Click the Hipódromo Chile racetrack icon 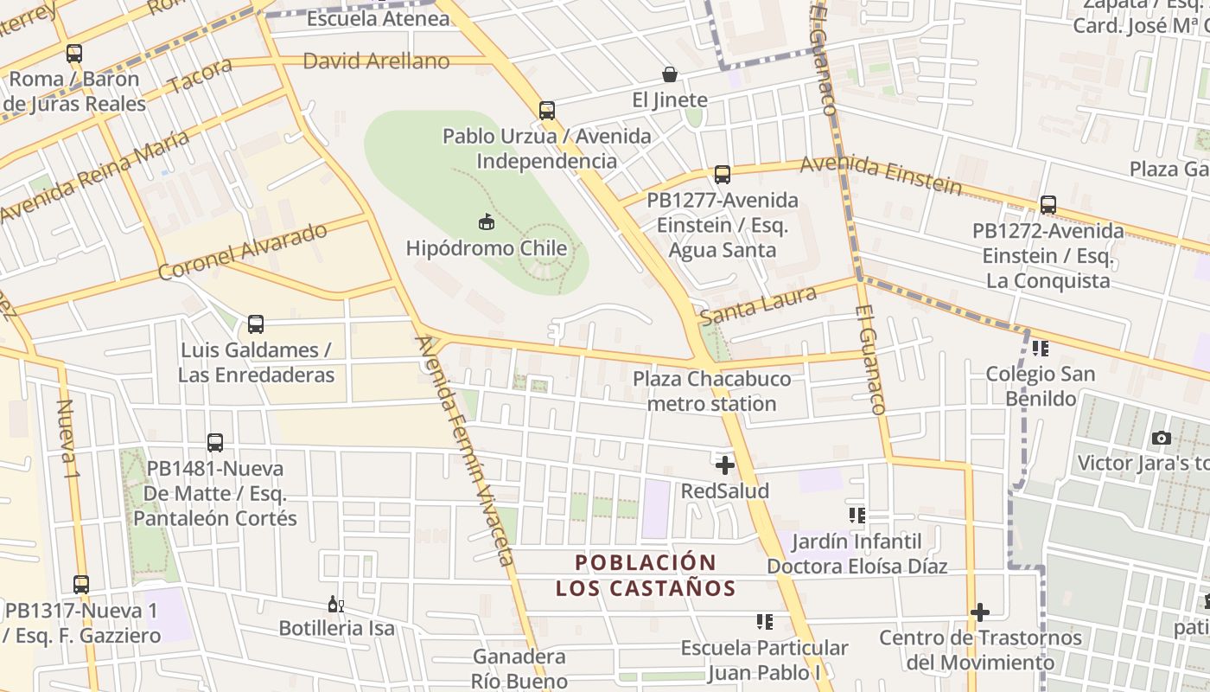click(x=487, y=222)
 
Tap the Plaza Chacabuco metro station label click(x=711, y=392)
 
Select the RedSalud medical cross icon click(x=725, y=465)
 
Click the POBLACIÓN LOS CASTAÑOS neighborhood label click(x=646, y=576)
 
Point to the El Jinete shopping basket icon click(x=670, y=74)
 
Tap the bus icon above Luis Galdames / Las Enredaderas click(x=256, y=324)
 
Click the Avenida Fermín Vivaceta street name click(x=466, y=450)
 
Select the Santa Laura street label click(x=758, y=306)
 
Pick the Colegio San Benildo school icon click(x=1041, y=349)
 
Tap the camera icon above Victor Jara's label click(x=1162, y=438)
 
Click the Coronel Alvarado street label click(x=244, y=252)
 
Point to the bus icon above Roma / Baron click(x=74, y=53)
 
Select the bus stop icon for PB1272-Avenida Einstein click(x=1048, y=205)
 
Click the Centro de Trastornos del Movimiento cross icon click(x=979, y=612)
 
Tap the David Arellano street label click(x=376, y=61)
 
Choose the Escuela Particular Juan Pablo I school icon click(x=764, y=622)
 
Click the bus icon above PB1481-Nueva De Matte click(x=215, y=443)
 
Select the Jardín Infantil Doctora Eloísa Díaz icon click(x=857, y=516)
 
